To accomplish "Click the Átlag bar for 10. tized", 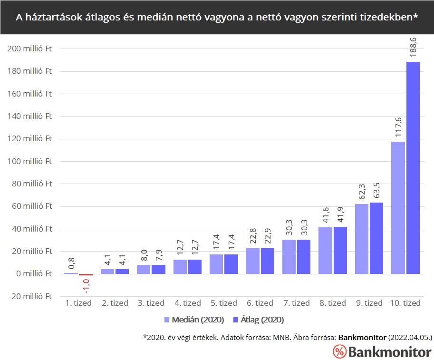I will click(413, 167).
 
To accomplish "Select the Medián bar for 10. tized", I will click(398, 207).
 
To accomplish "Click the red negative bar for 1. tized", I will click(86, 275).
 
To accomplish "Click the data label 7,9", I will click(158, 255).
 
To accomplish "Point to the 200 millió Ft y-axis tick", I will click(29, 49).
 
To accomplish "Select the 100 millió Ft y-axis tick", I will click(29, 161).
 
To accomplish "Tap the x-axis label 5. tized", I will click(223, 303).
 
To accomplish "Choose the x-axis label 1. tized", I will click(78, 303).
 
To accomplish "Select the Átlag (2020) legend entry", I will click(258, 319).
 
